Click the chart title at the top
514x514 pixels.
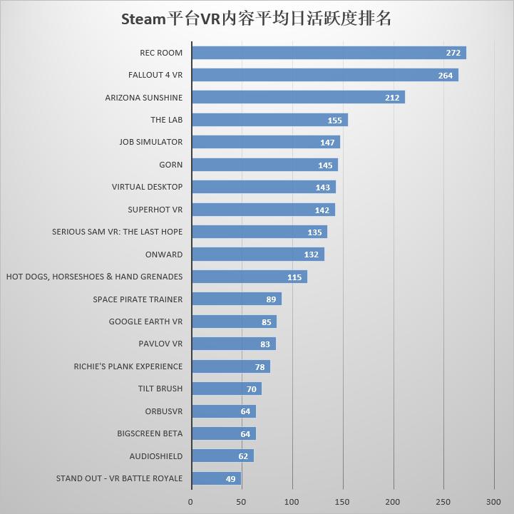(257, 19)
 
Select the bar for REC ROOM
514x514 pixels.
(329, 53)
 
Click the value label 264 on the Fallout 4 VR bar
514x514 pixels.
(445, 76)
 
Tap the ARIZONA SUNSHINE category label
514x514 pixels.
(143, 98)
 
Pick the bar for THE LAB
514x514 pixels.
(269, 120)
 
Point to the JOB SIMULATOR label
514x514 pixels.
(150, 142)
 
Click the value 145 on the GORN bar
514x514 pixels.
(325, 165)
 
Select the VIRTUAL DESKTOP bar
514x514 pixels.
(264, 187)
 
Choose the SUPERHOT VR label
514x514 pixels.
(155, 210)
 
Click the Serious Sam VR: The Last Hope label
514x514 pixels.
(117, 232)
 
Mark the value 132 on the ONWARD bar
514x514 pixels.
(312, 255)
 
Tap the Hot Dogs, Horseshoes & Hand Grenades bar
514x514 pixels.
(250, 277)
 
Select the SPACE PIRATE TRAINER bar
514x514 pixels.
(237, 299)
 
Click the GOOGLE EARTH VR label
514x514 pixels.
(145, 322)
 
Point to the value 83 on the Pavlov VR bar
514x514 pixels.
(265, 344)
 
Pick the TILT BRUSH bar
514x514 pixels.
(227, 389)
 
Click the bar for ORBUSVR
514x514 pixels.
(224, 411)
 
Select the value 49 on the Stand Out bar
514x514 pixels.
(230, 479)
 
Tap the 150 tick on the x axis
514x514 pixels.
(342, 502)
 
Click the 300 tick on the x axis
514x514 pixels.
(493, 502)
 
